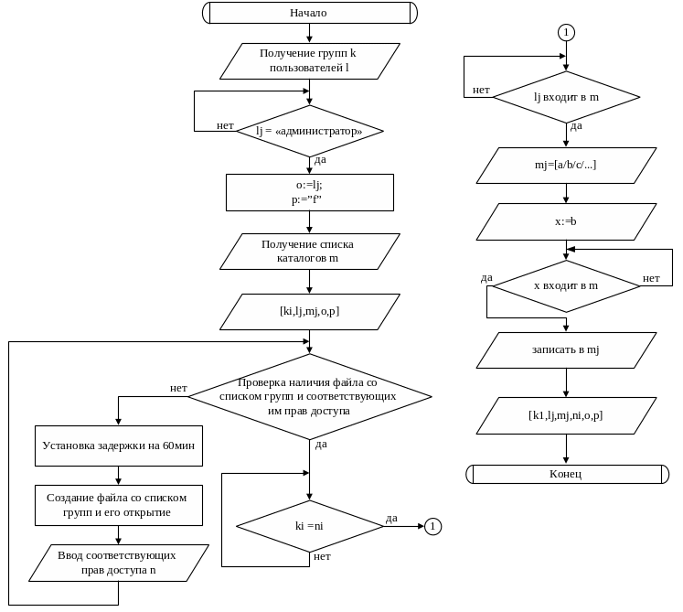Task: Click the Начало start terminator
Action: tap(309, 13)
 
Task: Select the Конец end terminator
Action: tap(566, 474)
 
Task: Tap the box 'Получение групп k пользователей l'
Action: tap(309, 60)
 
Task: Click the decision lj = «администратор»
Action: tap(309, 131)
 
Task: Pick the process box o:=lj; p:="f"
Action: tap(309, 192)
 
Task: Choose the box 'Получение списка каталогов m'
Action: tap(309, 251)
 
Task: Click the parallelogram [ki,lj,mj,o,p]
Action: tap(309, 311)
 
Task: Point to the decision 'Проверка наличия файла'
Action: tap(309, 396)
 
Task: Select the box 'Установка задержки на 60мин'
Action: tap(119, 446)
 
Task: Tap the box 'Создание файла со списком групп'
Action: tap(119, 505)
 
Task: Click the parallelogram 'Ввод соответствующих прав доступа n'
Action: tap(119, 563)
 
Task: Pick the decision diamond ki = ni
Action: tap(309, 526)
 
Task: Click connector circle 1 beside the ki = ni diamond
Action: tap(432, 526)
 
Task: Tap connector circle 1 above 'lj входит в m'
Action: tap(566, 32)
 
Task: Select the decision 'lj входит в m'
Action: tap(566, 97)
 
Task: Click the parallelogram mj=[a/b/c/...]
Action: tap(566, 165)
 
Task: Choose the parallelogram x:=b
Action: tap(566, 221)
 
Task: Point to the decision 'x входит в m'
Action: tap(566, 285)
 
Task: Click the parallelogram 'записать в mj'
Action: tap(566, 349)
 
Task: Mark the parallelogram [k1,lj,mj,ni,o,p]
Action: tap(566, 415)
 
